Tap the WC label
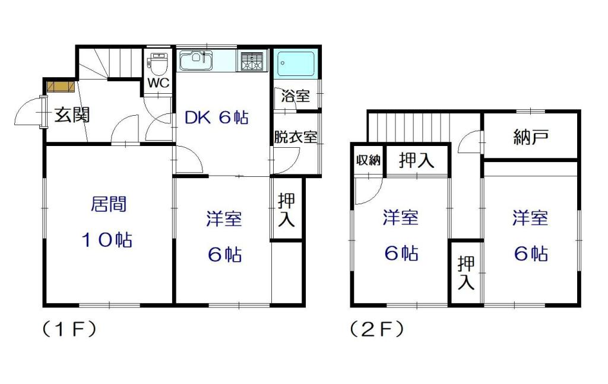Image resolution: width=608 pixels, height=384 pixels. coord(159,83)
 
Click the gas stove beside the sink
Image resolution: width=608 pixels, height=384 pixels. coord(252,61)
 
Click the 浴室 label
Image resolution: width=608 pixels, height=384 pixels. coord(295,96)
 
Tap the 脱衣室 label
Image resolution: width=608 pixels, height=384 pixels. coord(295,137)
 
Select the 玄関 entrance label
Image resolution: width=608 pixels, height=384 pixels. coord(72,115)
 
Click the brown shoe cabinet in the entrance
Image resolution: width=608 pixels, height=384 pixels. coord(60,87)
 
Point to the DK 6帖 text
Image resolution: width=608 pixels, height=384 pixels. coord(216,118)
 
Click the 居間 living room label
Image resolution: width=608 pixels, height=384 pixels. coord(108,205)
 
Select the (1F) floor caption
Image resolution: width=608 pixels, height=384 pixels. coord(68,328)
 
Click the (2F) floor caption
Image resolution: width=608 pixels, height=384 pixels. coord(376,328)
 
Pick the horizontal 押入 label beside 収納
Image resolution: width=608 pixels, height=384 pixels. coord(417,160)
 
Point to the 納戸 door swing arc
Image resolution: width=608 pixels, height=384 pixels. coord(470,141)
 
